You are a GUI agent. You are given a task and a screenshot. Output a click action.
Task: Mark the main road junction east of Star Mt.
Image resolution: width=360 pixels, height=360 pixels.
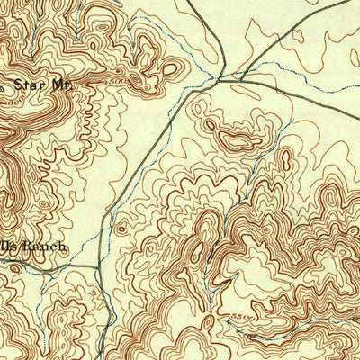click(x=219, y=81)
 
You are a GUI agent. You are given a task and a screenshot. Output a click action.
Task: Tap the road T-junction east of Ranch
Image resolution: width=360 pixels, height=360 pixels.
click(x=95, y=266)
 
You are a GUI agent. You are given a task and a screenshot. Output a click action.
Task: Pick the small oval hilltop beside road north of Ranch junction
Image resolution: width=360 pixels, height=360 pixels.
click(x=121, y=228)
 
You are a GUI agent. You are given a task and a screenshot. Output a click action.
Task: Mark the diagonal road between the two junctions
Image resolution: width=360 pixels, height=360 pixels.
click(x=153, y=162)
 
